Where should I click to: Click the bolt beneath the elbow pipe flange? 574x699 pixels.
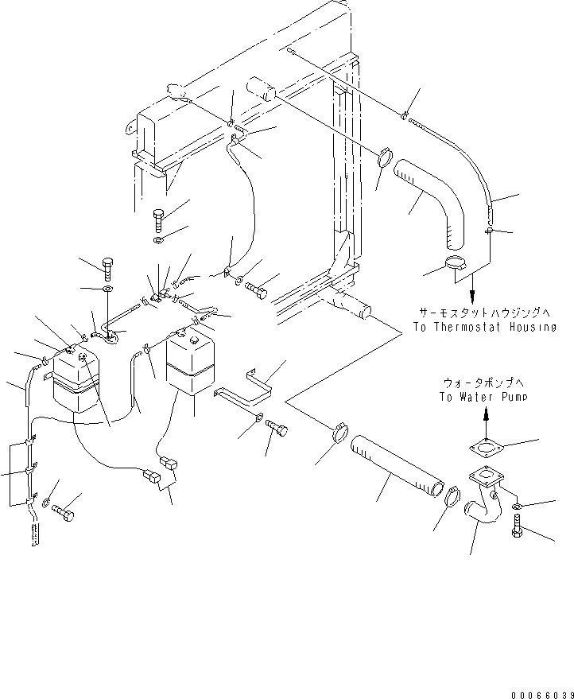point(519,526)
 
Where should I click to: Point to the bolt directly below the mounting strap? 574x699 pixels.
point(279,429)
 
